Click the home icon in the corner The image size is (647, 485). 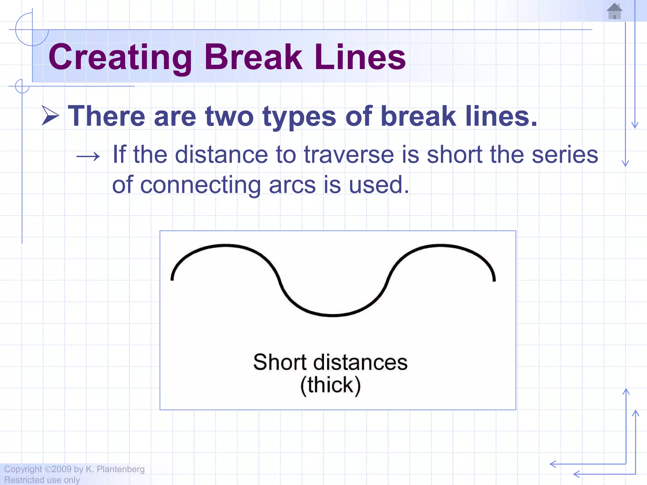tap(614, 11)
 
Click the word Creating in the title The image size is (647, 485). tap(120, 57)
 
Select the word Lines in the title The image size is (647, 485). tap(360, 57)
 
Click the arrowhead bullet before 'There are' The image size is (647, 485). tap(50, 116)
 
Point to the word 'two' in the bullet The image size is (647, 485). tap(229, 116)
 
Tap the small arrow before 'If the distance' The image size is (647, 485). tap(88, 156)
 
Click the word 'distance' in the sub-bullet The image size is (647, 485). tap(221, 155)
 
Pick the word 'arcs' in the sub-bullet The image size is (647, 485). tap(292, 185)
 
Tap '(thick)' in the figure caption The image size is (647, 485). tap(330, 385)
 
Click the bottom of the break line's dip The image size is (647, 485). tap(332, 315)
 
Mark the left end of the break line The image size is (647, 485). tap(172, 279)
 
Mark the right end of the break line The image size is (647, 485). tap(494, 279)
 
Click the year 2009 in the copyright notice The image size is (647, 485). tap(62, 469)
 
